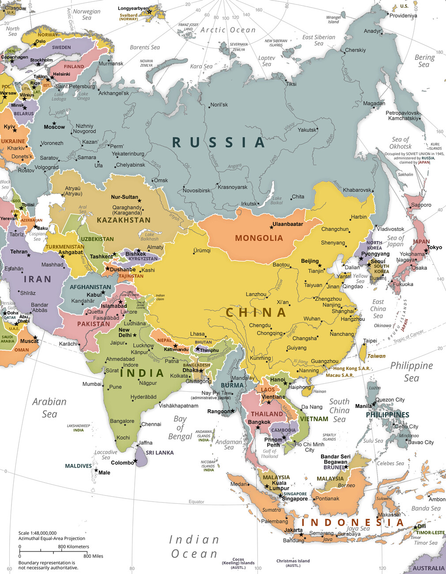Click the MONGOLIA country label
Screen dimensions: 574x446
[259, 238]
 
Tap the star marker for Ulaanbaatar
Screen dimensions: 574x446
[272, 227]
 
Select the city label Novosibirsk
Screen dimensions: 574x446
[197, 190]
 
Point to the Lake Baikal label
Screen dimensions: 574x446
[276, 200]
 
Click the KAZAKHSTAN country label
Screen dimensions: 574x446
[124, 220]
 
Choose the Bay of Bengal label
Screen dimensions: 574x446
[180, 427]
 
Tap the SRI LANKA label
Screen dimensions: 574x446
[160, 453]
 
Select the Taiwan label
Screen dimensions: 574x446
[376, 356]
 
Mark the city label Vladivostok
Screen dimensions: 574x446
[390, 229]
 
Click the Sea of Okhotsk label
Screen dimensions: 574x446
[401, 143]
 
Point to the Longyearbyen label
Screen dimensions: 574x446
[133, 8]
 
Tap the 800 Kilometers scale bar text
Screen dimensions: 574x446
[73, 547]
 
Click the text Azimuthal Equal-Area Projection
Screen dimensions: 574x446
[52, 538]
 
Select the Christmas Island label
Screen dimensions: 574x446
[293, 561]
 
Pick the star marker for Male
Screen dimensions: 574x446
[96, 470]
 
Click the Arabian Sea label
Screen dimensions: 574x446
[49, 408]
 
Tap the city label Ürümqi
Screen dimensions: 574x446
[202, 250]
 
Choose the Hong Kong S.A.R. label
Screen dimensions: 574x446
[352, 368]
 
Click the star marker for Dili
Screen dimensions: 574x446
[415, 527]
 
